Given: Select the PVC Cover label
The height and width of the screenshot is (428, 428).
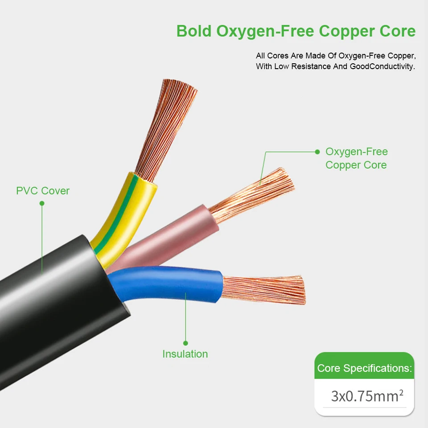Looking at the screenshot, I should (x=43, y=191).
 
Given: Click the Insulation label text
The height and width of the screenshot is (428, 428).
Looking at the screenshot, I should (x=185, y=354).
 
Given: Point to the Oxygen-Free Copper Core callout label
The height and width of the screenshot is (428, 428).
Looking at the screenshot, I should (x=356, y=158).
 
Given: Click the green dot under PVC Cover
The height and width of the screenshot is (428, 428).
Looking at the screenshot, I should (x=42, y=203).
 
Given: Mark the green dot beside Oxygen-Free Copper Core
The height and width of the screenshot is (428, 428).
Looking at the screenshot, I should (x=317, y=152).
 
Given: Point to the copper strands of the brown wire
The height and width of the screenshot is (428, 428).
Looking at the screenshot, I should (x=254, y=196).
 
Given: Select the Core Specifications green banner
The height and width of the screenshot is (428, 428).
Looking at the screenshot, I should (x=364, y=368).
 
